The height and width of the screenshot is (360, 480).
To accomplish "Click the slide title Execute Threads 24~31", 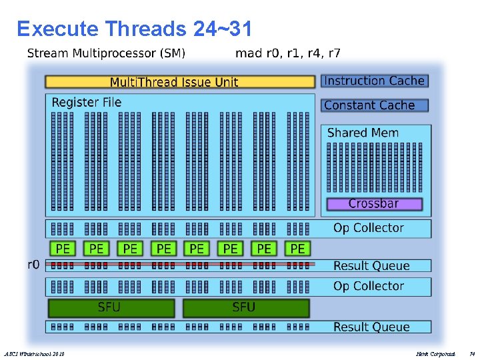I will click(x=134, y=29).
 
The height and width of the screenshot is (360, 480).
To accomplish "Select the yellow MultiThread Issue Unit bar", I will click(x=179, y=82).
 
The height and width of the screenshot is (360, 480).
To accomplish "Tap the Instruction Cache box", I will click(x=375, y=81).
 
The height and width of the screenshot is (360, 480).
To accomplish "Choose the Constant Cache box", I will click(x=375, y=105).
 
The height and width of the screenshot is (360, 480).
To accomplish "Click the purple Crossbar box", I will click(x=374, y=203).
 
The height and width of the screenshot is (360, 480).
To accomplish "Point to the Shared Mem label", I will click(x=363, y=133).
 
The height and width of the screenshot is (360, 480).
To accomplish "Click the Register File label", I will click(x=87, y=102).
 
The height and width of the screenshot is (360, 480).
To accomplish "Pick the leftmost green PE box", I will click(x=63, y=249).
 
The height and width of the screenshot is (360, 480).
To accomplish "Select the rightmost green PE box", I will click(x=297, y=249).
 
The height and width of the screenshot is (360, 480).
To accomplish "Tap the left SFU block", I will click(x=111, y=307).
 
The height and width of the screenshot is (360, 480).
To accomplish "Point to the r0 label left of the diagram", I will click(x=33, y=265).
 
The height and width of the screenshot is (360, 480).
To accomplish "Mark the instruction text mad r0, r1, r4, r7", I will click(x=288, y=53).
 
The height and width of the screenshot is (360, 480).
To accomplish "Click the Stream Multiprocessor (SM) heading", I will click(x=107, y=53).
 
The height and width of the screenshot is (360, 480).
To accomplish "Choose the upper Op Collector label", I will click(x=369, y=228).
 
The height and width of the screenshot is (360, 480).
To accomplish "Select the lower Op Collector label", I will click(x=369, y=286).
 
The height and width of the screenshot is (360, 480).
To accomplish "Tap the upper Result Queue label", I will click(x=371, y=266).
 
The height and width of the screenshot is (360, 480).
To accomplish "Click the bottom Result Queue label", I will click(x=371, y=327).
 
